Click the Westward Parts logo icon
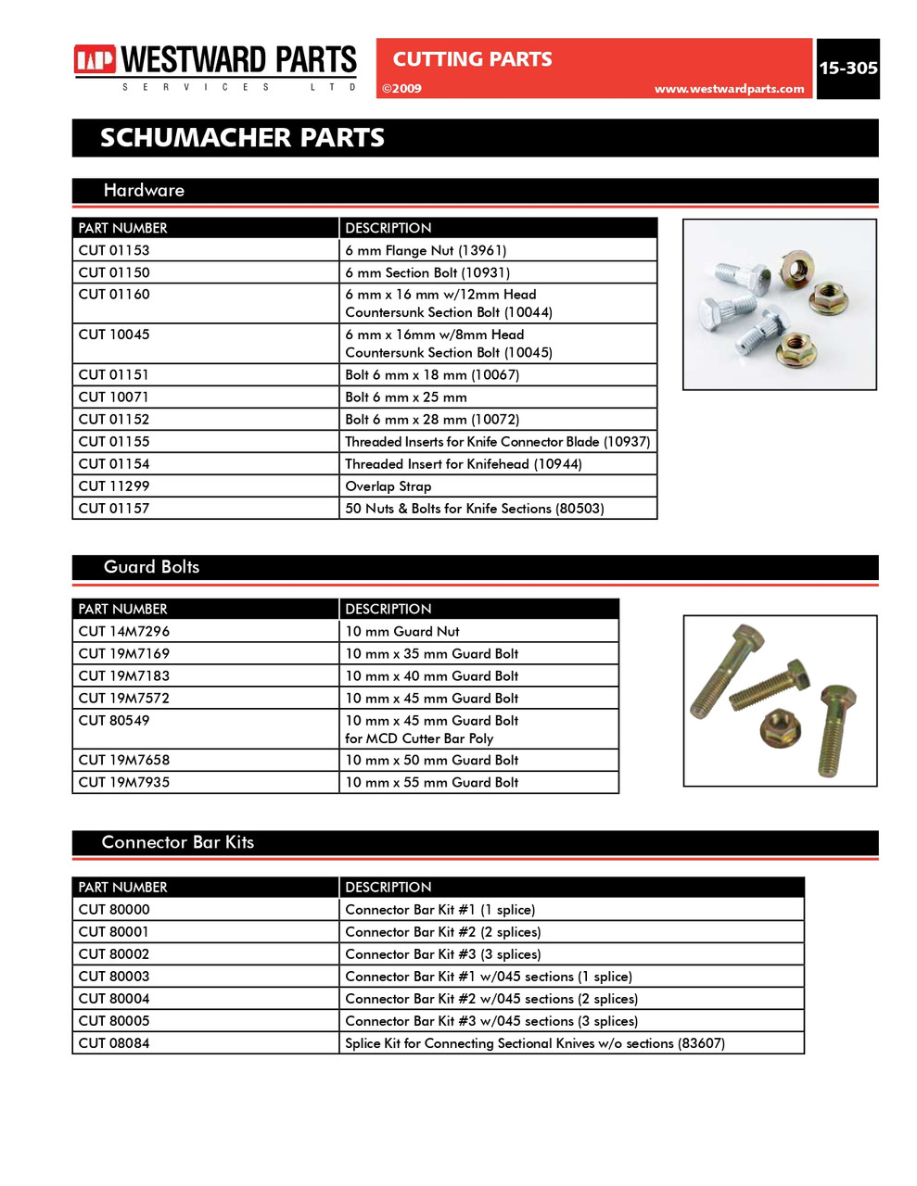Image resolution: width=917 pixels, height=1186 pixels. point(95,60)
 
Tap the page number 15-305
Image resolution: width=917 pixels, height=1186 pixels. point(847,68)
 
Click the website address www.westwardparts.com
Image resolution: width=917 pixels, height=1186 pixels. point(729,89)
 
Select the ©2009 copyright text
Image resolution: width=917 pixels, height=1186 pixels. point(402,89)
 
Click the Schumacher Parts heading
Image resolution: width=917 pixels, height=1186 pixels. point(242,138)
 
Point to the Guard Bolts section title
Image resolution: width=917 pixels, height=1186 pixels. point(151,567)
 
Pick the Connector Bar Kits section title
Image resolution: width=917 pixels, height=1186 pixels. point(177,842)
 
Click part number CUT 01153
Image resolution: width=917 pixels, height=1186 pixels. point(114,250)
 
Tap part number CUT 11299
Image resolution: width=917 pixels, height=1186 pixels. point(114,486)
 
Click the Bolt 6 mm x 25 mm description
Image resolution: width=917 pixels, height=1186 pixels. point(405,397)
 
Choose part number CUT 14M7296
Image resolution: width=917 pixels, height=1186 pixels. point(124,632)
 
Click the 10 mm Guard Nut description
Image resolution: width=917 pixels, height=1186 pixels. point(401,632)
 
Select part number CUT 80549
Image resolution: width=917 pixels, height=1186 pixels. point(114,721)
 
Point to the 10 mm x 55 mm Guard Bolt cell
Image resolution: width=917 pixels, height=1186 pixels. point(431,783)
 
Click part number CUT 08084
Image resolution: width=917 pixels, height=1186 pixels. point(114,1043)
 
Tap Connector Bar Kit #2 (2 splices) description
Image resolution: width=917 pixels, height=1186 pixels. point(442,932)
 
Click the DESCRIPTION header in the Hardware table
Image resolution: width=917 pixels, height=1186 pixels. point(388,228)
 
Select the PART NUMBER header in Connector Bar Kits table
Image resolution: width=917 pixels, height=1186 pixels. point(122,888)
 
